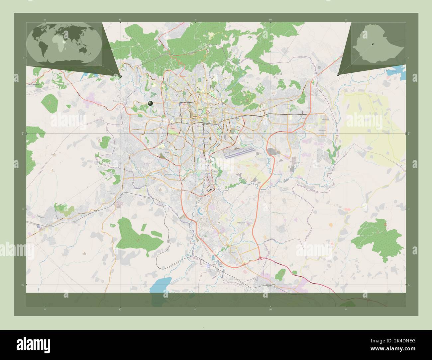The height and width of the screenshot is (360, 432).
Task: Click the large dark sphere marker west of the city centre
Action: tap(151, 103)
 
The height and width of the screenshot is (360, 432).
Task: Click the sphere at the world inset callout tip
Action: tap(120, 76)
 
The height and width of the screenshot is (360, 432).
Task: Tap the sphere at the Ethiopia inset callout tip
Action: tap(338, 75)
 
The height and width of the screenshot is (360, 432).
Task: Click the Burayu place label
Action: tap(115, 99)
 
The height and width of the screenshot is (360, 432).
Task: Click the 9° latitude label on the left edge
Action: tap(23, 134)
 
